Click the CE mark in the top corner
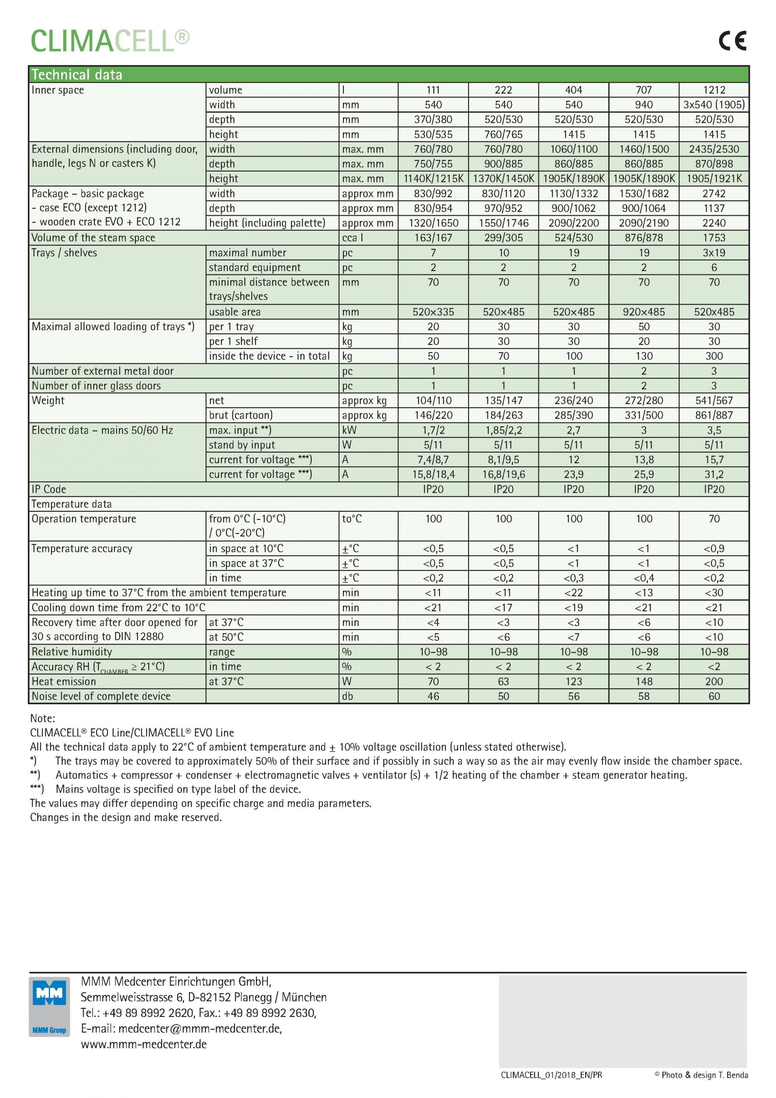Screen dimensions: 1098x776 point(732,41)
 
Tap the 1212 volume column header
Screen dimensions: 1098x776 point(714,90)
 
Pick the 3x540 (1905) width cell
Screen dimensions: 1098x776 point(714,105)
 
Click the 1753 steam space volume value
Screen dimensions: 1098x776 point(714,238)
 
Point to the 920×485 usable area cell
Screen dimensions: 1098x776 point(644,312)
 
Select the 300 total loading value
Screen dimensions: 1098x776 point(714,356)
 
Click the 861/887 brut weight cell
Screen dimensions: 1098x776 point(714,415)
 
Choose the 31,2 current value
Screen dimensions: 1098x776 point(714,474)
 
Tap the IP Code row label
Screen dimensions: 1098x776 point(49,489)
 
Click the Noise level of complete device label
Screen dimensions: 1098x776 point(101,696)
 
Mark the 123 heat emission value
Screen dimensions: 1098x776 point(574,682)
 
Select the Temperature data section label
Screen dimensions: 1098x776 point(72,504)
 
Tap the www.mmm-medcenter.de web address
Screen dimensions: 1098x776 point(144,1044)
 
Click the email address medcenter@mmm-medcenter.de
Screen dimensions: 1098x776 point(200,1029)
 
